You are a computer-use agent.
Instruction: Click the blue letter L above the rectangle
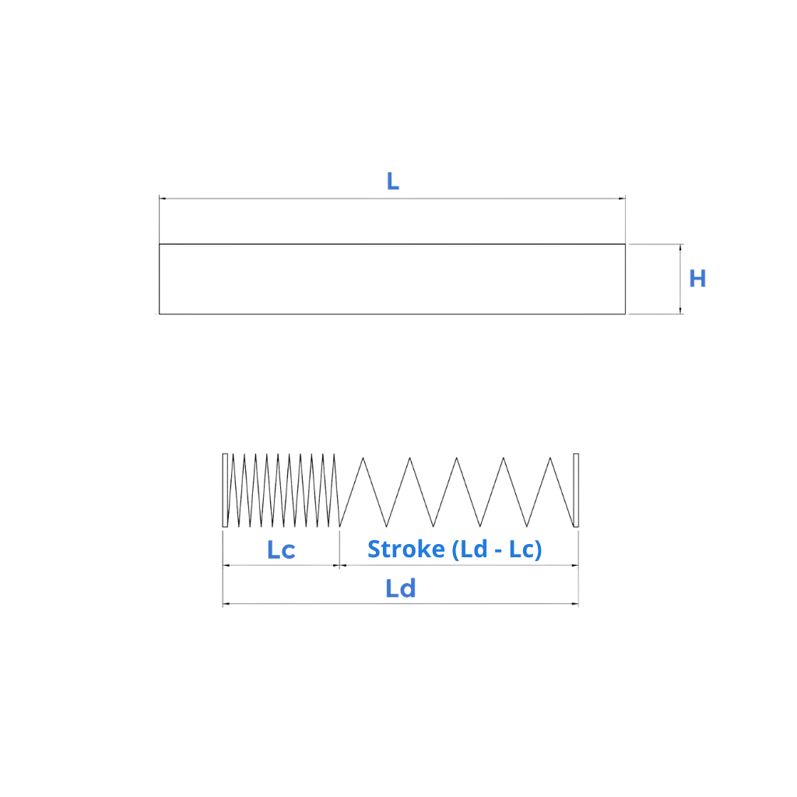393,184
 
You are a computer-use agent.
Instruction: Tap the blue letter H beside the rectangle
697,279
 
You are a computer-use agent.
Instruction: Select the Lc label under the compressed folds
281,549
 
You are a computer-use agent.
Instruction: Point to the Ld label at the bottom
401,590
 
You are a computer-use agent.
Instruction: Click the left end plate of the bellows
225,489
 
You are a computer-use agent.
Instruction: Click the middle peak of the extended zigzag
456,458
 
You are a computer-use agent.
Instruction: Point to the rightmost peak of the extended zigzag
553,458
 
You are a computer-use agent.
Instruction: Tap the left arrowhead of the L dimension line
162,198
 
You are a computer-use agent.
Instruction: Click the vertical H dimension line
682,279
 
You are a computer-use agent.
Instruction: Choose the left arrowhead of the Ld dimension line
226,602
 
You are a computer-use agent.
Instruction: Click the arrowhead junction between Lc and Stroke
339,566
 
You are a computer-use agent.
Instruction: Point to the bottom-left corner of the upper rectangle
159,314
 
